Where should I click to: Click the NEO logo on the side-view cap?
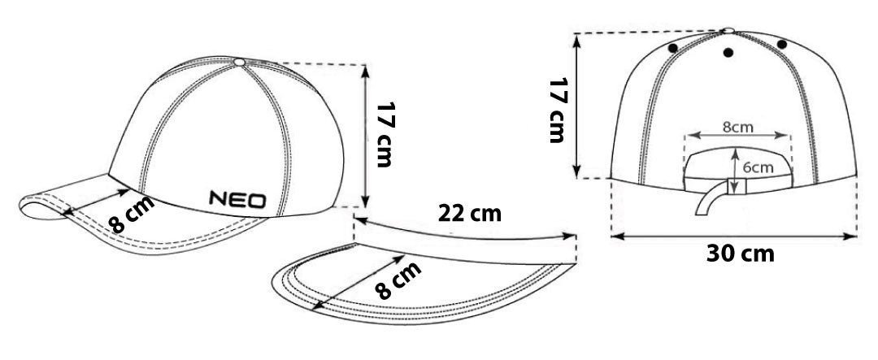click(237, 199)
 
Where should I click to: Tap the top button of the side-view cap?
click(240, 62)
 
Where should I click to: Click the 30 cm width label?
click(741, 254)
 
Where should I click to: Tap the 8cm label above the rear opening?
click(737, 127)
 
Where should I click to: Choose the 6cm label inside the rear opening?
click(758, 167)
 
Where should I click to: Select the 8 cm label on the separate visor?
click(398, 281)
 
